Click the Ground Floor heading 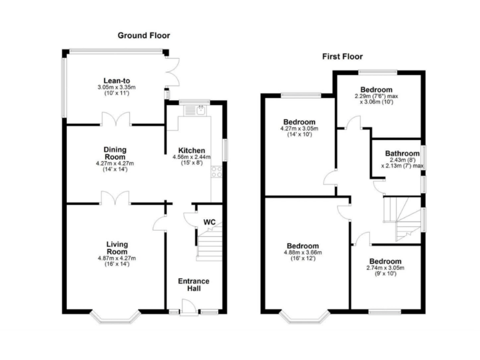pyautogui.click(x=144, y=36)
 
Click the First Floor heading pyautogui.click(x=343, y=57)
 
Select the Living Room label pyautogui.click(x=116, y=247)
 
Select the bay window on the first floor pyautogui.click(x=305, y=316)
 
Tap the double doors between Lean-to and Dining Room pyautogui.click(x=116, y=119)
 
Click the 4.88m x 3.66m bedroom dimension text pyautogui.click(x=303, y=252)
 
